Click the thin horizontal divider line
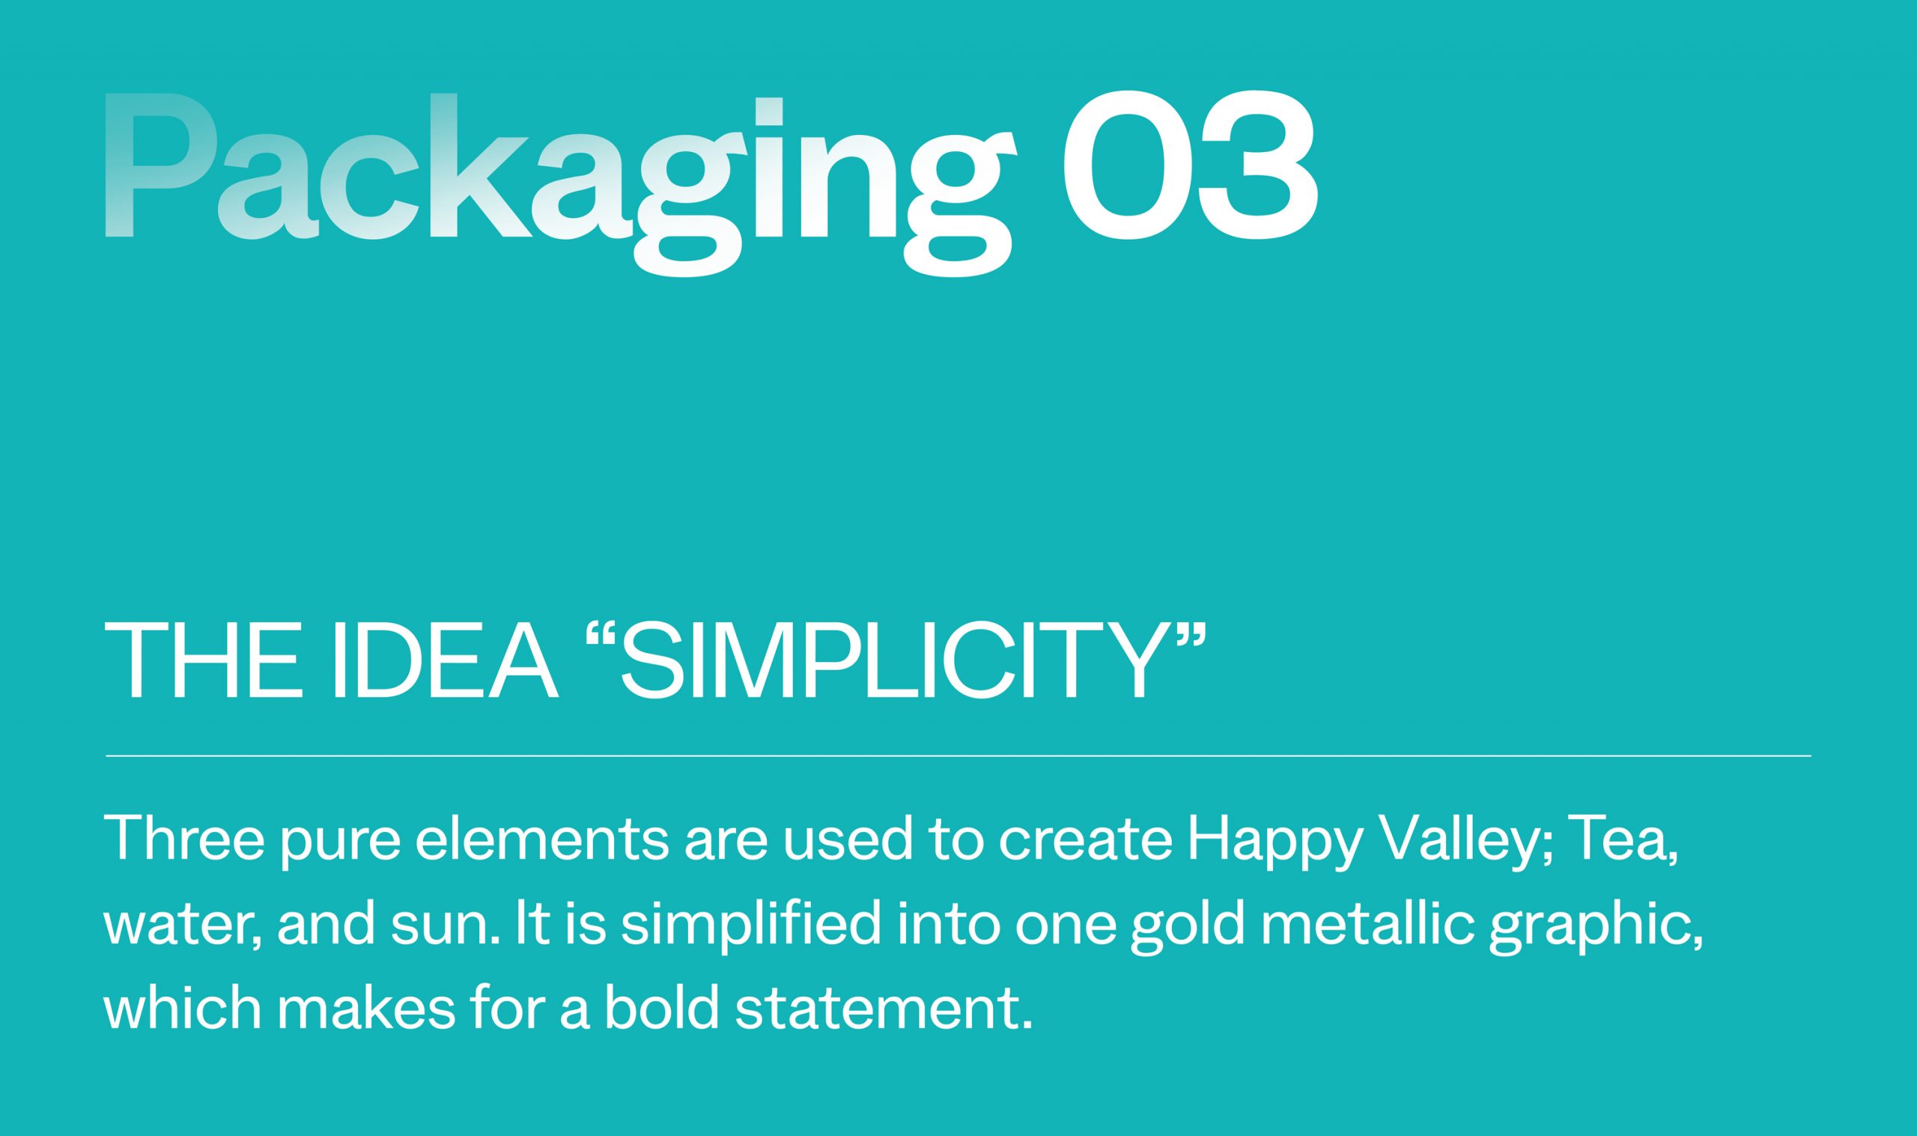[958, 756]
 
